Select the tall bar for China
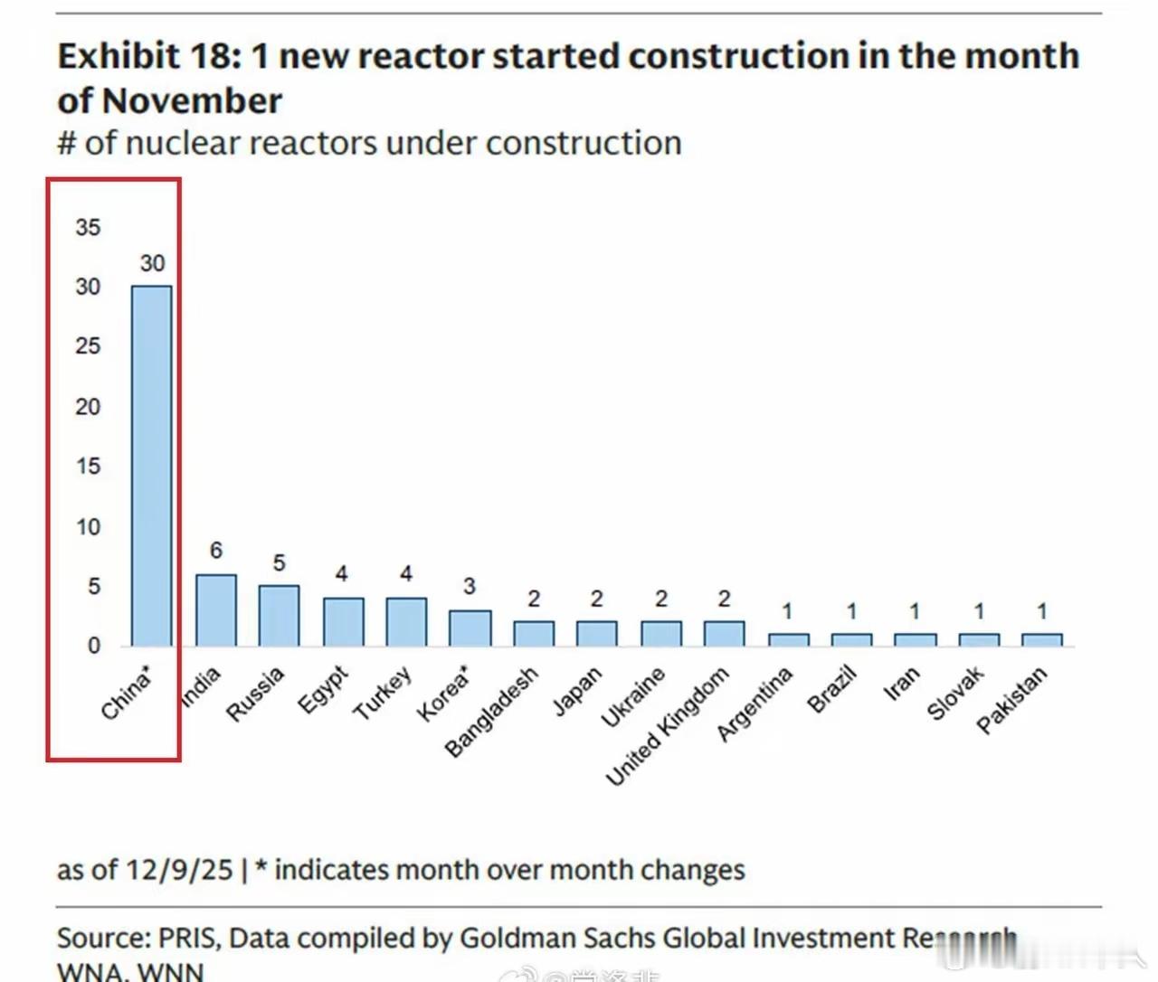pos(151,466)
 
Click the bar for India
pos(216,610)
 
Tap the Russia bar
pos(279,616)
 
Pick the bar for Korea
pos(470,628)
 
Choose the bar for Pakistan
pos(1041,640)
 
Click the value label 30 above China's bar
pos(152,263)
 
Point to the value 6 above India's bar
pos(216,550)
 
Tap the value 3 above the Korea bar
pos(470,586)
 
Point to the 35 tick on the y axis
pos(88,227)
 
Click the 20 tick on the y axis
pos(88,407)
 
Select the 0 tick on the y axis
pos(94,646)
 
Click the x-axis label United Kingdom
pos(667,726)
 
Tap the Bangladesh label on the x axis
pos(492,712)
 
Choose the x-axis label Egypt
pos(323,690)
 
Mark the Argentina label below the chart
pos(755,703)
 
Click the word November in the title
pos(193,100)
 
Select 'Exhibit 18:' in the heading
pos(149,56)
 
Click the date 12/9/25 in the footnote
pos(179,870)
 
